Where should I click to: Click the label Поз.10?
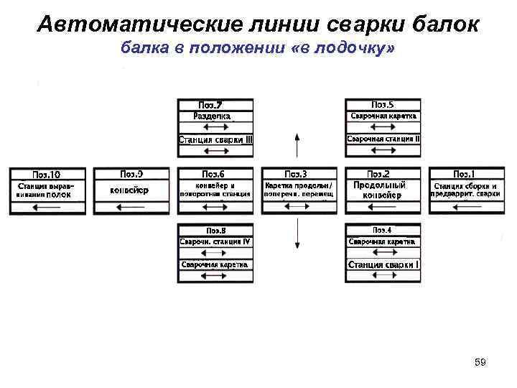click(47, 175)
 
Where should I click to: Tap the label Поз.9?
click(131, 174)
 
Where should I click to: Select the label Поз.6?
click(213, 175)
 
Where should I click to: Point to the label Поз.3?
click(296, 175)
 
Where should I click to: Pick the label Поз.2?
click(378, 175)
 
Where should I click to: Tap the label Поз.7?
click(215, 105)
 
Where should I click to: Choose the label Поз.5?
click(381, 105)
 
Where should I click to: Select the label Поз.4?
click(381, 230)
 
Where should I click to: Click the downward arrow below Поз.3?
click(297, 234)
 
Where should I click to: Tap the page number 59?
click(480, 362)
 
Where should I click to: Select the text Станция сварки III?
click(215, 139)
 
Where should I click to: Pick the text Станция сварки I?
click(383, 265)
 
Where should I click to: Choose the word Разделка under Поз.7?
click(213, 116)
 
